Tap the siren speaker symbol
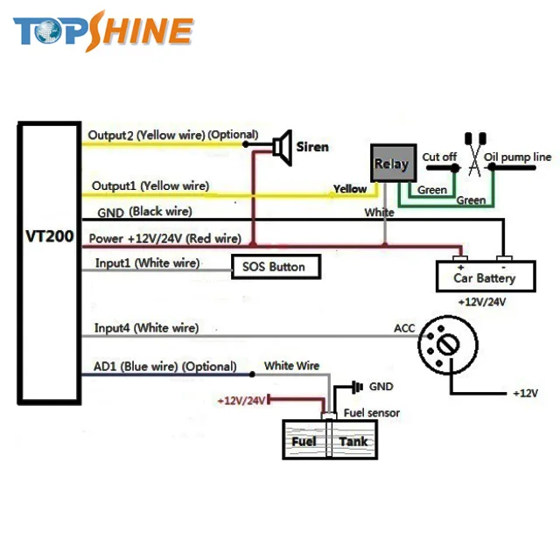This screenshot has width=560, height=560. click(x=282, y=146)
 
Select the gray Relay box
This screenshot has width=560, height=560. click(x=391, y=164)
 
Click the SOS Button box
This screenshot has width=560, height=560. click(x=275, y=266)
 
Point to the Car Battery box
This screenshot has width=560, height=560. click(x=484, y=277)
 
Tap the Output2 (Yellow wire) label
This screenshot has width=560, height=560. click(x=171, y=136)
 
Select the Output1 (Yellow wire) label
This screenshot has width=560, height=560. click(x=150, y=185)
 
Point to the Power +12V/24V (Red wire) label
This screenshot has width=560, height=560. click(x=164, y=238)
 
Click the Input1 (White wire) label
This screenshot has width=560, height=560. click(x=146, y=263)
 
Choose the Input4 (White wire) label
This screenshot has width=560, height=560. click(x=146, y=328)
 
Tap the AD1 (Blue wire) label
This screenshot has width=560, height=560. click(x=164, y=367)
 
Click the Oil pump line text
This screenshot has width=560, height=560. click(x=518, y=157)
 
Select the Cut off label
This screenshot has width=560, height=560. click(x=439, y=157)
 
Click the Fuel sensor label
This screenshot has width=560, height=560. click(x=372, y=413)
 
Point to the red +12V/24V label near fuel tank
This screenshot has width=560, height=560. click(x=241, y=400)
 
